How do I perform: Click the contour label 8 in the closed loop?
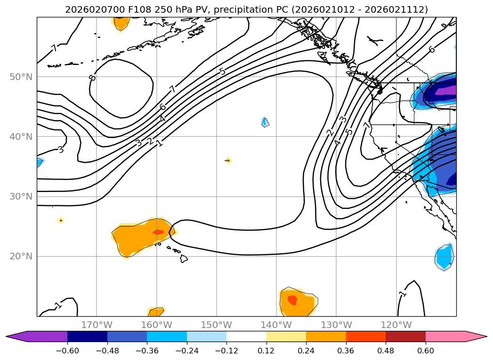click(x=92, y=77)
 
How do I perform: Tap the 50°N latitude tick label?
click(x=21, y=77)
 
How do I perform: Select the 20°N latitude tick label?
click(x=21, y=256)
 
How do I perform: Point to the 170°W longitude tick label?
click(x=97, y=325)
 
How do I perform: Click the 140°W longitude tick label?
click(x=276, y=325)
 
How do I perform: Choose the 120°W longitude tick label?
click(x=396, y=325)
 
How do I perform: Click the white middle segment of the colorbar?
click(x=246, y=336)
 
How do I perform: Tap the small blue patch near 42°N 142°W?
click(x=265, y=122)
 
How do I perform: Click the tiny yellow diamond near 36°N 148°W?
click(x=228, y=160)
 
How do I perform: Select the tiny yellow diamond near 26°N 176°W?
click(x=60, y=220)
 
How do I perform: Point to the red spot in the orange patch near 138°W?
click(x=292, y=299)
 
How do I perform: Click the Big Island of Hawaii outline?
click(x=183, y=258)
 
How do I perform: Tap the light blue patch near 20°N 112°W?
click(x=444, y=257)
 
